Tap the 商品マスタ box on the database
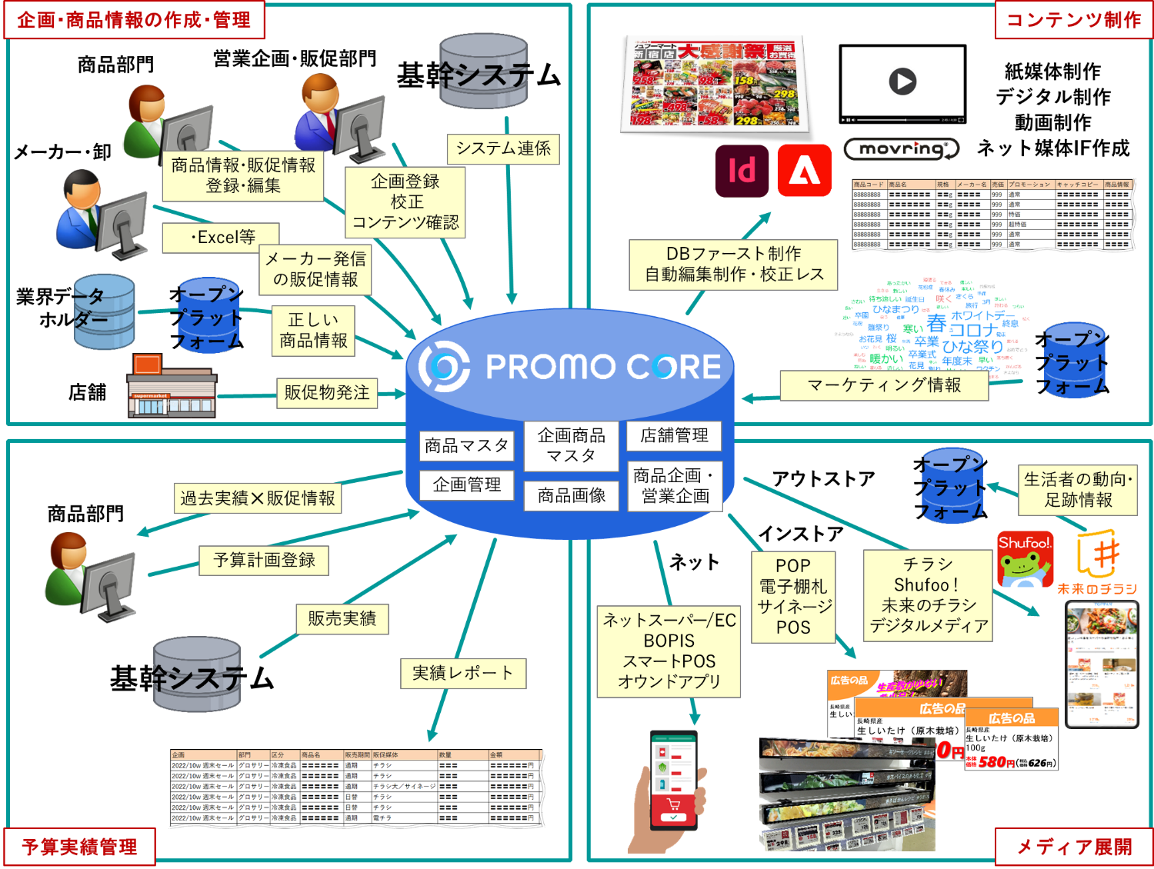point(467,445)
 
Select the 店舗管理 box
point(674,435)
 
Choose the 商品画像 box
point(572,495)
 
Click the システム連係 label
point(503,148)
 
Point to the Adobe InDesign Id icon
point(742,171)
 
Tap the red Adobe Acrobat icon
point(804,171)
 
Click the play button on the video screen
point(902,81)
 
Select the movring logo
point(902,149)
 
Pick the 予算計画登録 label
point(264,560)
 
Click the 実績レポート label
point(463,673)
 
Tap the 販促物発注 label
point(327,392)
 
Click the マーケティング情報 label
point(884,385)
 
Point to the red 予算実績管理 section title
point(80,847)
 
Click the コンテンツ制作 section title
point(1073,20)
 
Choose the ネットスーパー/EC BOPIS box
point(669,651)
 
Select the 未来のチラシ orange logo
point(1097,562)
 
